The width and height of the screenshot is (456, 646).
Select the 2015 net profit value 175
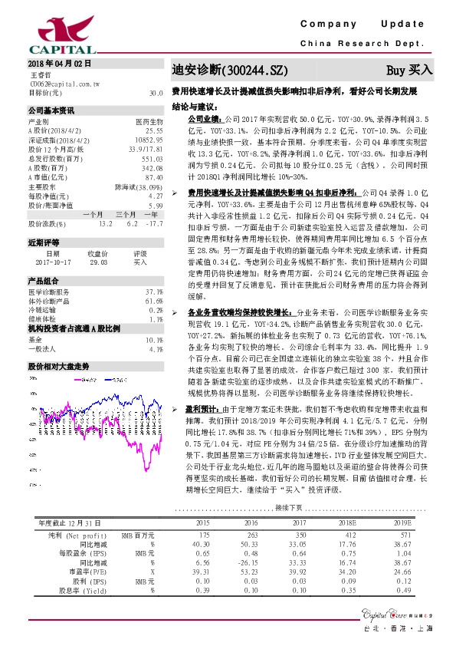coord(203,534)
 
